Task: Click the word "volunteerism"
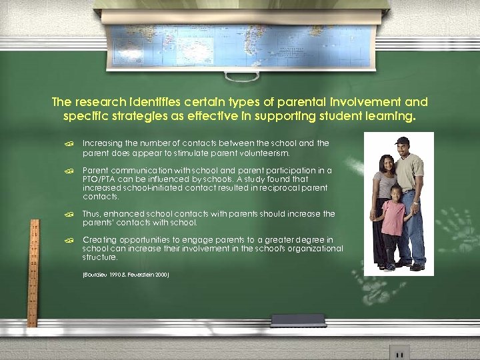pos(265,152)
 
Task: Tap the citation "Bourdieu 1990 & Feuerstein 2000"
pos(125,274)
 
